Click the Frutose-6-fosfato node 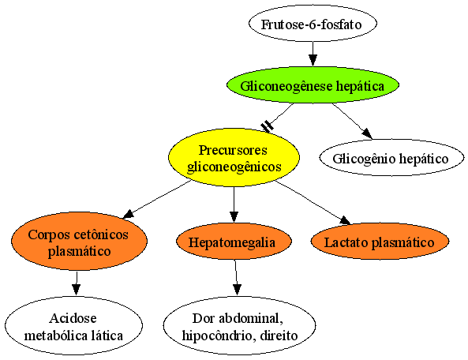(x=313, y=24)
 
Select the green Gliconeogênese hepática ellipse (x=313, y=85)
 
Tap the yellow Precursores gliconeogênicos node (x=234, y=158)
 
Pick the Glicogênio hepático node (x=391, y=158)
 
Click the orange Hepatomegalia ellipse (x=234, y=242)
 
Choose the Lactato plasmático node (x=380, y=242)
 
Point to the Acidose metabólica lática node (x=73, y=326)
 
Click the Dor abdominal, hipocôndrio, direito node (x=239, y=326)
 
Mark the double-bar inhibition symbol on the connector (x=267, y=126)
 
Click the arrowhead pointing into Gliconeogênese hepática (x=313, y=61)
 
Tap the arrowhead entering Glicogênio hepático (x=367, y=133)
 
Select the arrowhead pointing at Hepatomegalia (x=234, y=217)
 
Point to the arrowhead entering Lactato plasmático (x=346, y=219)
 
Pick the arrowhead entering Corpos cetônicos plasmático (x=129, y=214)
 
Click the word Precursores (x=233, y=150)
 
